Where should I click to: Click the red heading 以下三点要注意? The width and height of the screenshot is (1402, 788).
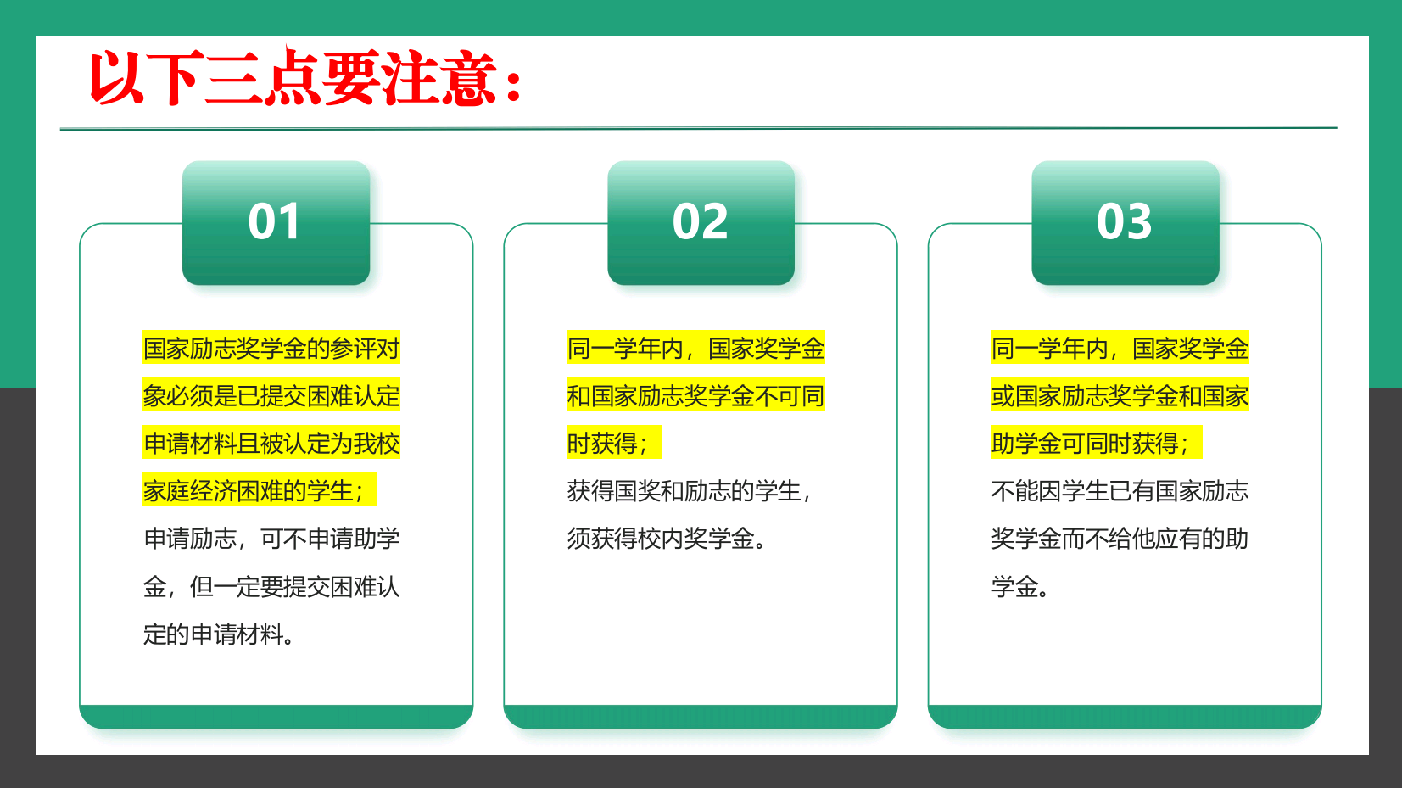click(304, 78)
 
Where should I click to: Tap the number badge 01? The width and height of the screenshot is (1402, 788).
click(276, 223)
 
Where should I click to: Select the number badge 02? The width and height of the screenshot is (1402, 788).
click(701, 223)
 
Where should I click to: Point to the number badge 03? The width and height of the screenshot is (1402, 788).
click(1126, 223)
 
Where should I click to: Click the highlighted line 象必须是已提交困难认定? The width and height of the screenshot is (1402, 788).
click(271, 395)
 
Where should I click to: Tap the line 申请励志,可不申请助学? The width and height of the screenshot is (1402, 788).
click(271, 539)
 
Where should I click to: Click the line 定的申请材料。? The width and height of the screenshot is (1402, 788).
click(219, 634)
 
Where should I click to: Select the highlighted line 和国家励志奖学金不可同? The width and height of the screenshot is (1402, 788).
click(695, 395)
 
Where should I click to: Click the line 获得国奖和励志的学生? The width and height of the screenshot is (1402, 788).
click(690, 491)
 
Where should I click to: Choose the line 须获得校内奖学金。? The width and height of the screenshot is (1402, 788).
click(667, 539)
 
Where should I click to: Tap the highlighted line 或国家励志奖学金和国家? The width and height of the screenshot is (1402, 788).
click(1120, 395)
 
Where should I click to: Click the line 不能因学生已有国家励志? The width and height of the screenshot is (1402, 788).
click(1120, 491)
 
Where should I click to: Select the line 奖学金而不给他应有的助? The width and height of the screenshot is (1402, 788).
click(1120, 539)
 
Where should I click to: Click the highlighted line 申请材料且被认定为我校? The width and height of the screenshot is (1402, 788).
click(271, 443)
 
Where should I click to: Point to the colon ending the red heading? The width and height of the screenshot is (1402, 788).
click(514, 84)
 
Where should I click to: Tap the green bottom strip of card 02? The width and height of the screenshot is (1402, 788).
click(701, 716)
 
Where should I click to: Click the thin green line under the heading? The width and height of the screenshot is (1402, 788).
click(699, 128)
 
